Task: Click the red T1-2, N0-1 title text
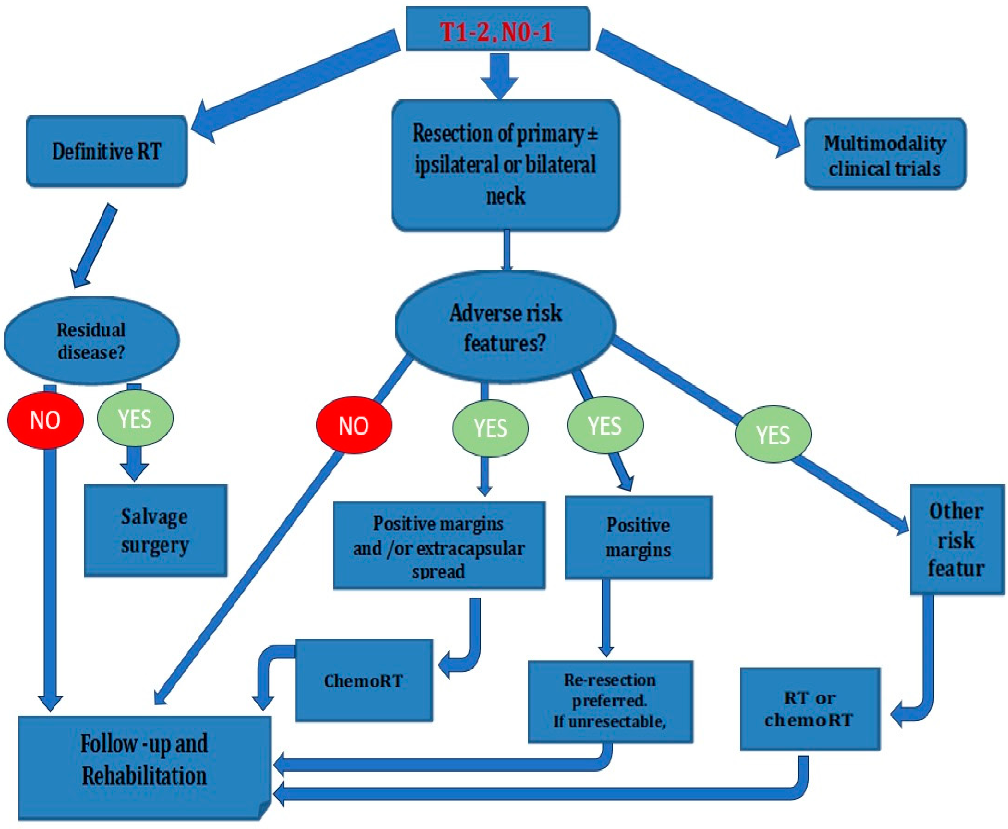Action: coord(497,32)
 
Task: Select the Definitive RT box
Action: coord(106,151)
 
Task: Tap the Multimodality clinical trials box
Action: coord(885,154)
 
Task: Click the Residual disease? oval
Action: coord(91,340)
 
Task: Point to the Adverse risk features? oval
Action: coord(505,327)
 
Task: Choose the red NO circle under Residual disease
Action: coord(45,420)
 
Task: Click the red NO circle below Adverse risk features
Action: coord(354,425)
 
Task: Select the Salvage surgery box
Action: coord(155,530)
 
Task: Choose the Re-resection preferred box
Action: coord(610,701)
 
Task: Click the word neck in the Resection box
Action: coord(505,196)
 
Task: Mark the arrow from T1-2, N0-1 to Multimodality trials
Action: coord(698,93)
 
